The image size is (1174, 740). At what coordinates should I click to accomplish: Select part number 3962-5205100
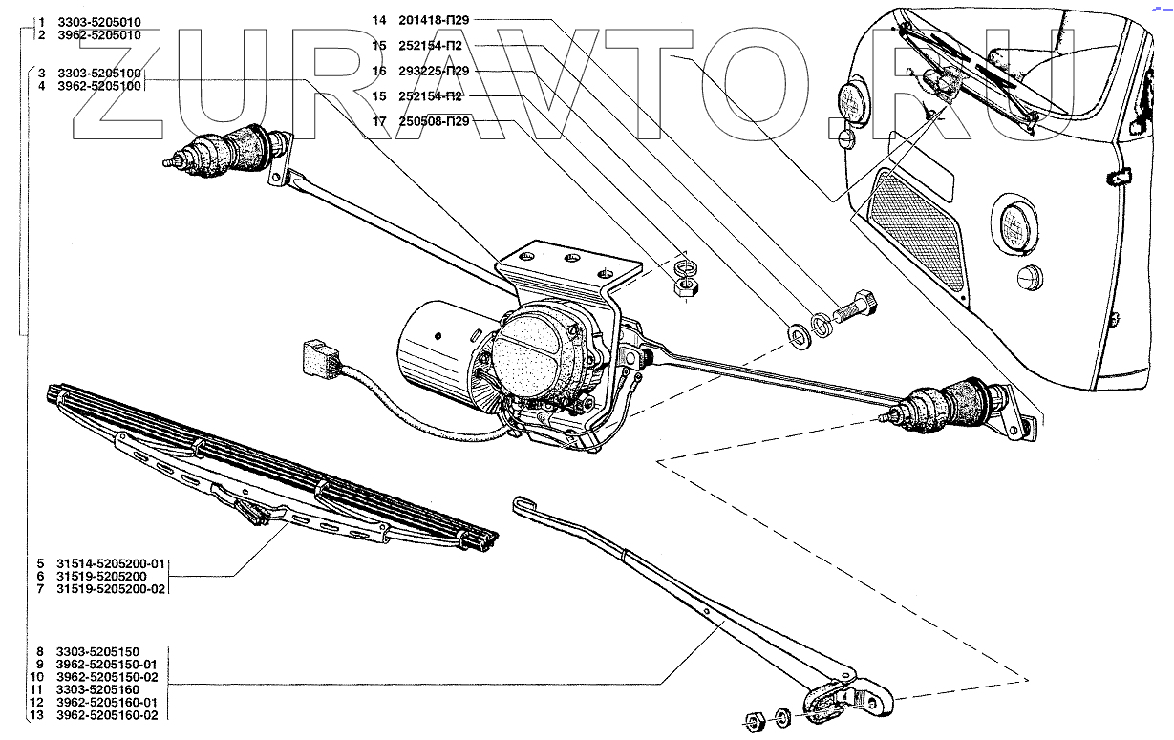click(99, 86)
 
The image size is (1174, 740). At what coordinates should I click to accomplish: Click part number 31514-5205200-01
click(110, 563)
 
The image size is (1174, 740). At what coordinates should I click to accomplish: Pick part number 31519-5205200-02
click(110, 589)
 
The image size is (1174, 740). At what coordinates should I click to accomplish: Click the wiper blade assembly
click(267, 468)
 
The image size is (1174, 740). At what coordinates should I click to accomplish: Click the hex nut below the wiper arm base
click(752, 718)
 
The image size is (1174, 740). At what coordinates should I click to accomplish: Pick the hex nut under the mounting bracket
click(683, 286)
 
